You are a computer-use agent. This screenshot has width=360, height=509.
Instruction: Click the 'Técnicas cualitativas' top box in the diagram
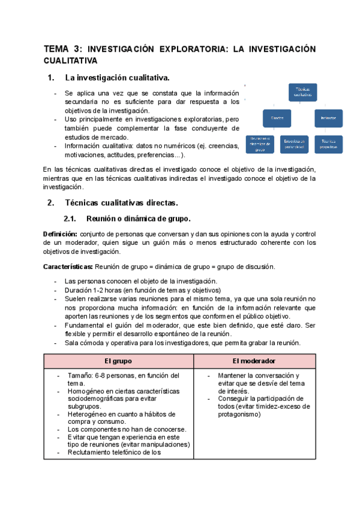click(x=302, y=92)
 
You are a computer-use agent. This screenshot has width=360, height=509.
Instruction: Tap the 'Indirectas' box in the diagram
click(x=328, y=118)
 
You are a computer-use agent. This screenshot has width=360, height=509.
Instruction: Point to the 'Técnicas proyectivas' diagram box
click(x=328, y=143)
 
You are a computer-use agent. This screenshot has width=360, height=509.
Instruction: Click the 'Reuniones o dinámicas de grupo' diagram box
click(x=260, y=143)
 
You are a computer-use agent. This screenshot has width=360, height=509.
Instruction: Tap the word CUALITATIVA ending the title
click(x=70, y=61)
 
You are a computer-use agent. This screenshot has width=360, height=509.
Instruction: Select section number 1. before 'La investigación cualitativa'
click(x=51, y=77)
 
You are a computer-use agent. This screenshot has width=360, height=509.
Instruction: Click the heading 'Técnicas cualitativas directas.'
click(x=121, y=202)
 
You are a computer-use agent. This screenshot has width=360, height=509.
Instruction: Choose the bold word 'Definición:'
click(x=60, y=233)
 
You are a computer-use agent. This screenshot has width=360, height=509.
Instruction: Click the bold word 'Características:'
click(x=68, y=266)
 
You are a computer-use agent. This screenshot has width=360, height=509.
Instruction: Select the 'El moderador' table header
click(x=254, y=361)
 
